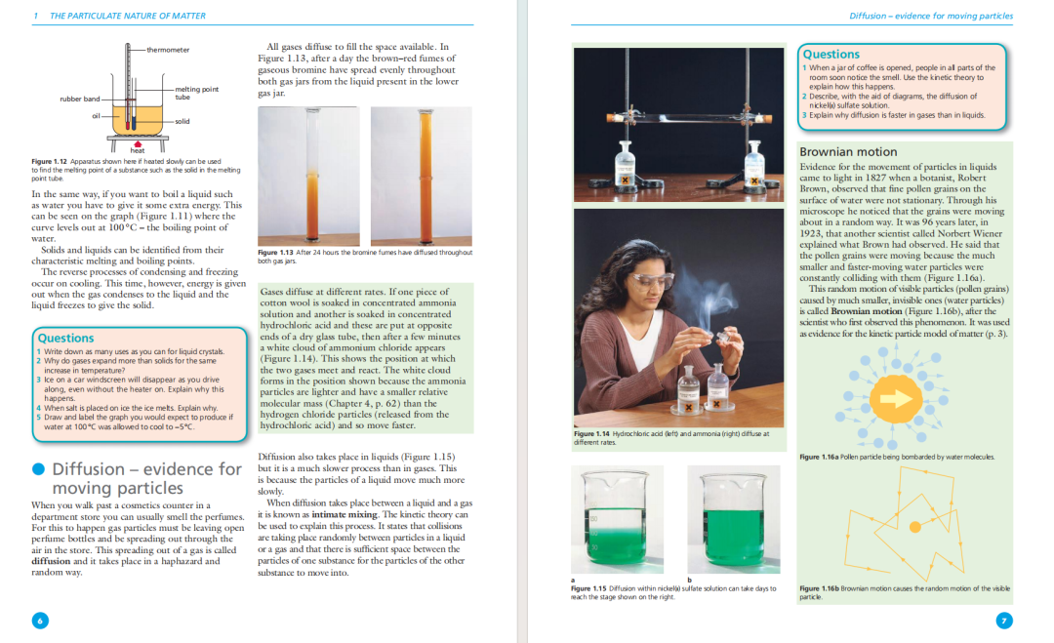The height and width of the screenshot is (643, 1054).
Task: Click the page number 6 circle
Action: point(39,621)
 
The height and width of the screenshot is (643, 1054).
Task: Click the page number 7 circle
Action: point(1004,621)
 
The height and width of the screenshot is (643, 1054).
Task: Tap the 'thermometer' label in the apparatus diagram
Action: point(168,50)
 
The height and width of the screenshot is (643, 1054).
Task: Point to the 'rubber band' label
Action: point(80,99)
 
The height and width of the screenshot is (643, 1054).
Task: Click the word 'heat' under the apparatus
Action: point(138,150)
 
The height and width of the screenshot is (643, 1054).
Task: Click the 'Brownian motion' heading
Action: point(848,152)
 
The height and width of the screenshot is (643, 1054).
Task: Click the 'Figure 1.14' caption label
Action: point(590,433)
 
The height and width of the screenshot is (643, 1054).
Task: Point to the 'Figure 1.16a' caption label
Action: point(818,457)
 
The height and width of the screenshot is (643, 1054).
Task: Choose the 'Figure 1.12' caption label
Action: point(49,162)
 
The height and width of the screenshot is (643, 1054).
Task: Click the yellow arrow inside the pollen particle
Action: point(894,398)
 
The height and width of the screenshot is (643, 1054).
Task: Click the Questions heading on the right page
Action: point(831,55)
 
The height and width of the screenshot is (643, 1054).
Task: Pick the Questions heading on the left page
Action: point(65,338)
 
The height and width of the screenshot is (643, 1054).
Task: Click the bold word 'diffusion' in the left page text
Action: point(51,561)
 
